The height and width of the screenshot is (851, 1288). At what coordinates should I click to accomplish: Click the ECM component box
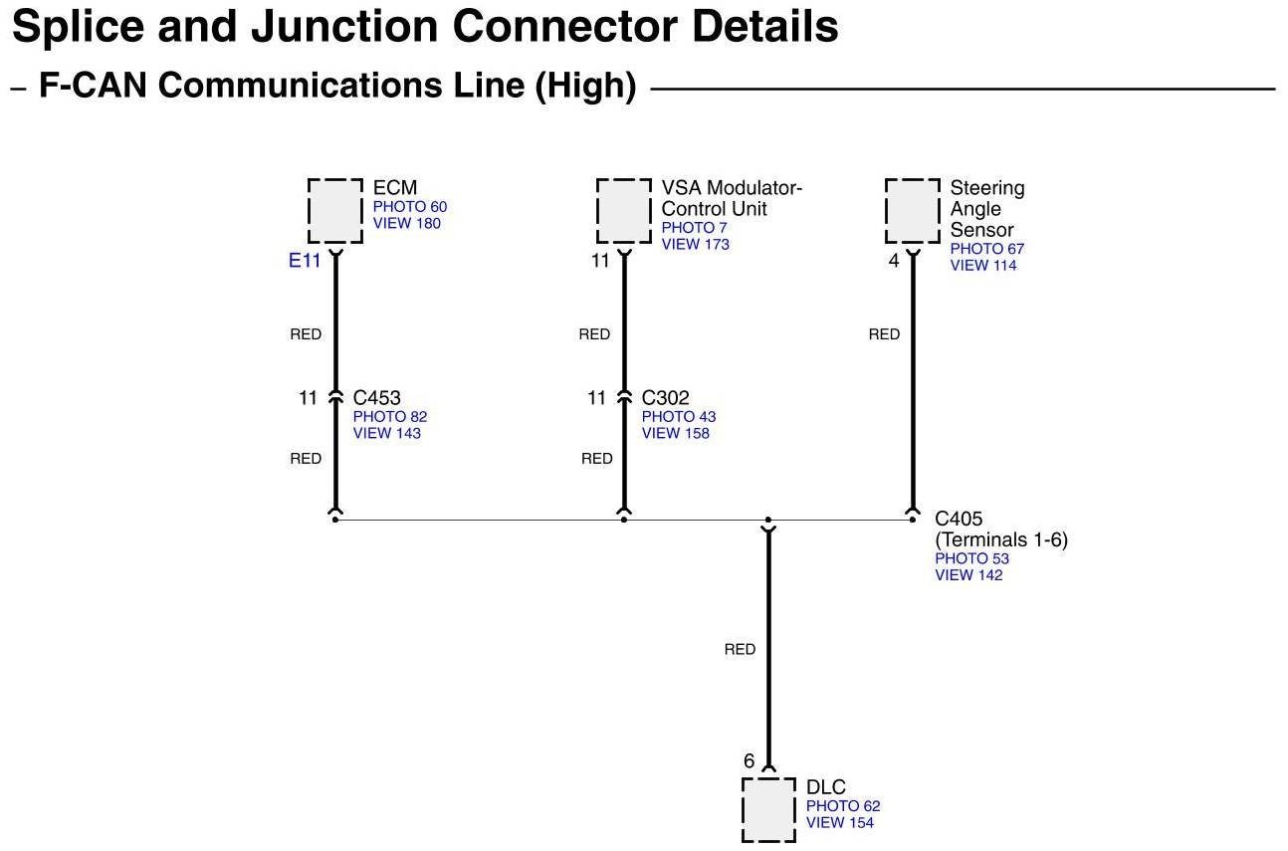pos(335,210)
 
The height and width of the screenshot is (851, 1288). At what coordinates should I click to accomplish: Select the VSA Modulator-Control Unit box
pos(624,210)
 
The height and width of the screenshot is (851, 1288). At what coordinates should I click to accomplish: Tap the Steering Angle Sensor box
pos(913,210)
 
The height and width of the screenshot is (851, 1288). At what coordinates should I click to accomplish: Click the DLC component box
pos(769,809)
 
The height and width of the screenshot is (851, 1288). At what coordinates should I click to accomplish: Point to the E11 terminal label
pos(305,261)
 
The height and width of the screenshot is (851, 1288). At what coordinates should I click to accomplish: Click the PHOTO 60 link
pos(410,207)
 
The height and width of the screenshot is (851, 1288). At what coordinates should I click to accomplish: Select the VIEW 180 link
pos(407,223)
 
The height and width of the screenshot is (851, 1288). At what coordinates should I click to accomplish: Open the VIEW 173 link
pos(696,244)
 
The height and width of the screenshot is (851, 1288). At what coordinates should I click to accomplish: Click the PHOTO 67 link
pos(986,249)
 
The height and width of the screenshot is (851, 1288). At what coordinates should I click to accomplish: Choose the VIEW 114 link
pos(983,265)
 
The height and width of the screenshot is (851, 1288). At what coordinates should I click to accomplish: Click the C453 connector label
pos(376,398)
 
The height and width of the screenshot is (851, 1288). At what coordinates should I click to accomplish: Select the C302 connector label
pos(665,398)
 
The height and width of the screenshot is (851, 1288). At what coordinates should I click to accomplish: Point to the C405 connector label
pos(959,519)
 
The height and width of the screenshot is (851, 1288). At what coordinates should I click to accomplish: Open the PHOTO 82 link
pos(390,417)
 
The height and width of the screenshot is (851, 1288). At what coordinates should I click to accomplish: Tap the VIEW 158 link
pos(676,433)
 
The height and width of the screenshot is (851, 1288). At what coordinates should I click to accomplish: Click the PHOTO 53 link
pos(971,559)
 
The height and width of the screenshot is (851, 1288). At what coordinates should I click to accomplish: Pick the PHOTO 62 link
pos(843,806)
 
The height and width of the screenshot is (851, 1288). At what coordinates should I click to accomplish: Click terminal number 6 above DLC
pos(750,761)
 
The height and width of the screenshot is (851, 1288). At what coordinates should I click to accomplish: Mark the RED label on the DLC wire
pos(740,650)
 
